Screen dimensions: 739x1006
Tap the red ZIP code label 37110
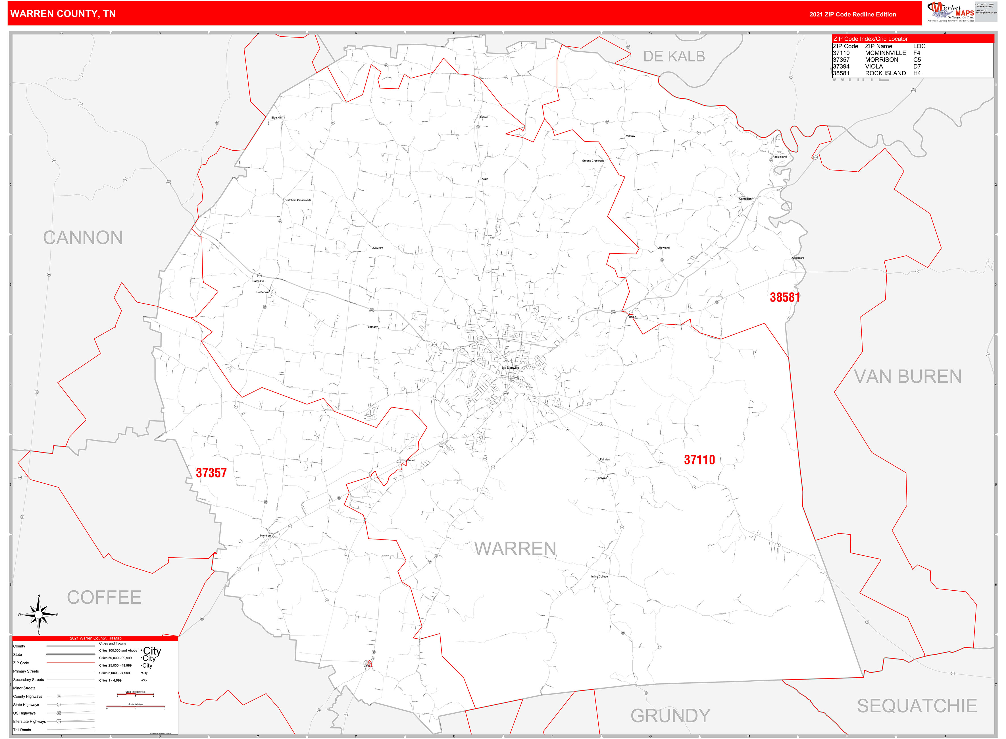click(x=699, y=460)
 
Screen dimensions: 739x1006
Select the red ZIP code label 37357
click(x=211, y=473)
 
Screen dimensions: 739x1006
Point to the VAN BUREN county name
click(x=908, y=377)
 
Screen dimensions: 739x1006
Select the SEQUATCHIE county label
click(x=917, y=706)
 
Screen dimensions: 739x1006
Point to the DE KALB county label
click(x=674, y=57)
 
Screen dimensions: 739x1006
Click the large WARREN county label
click(x=515, y=549)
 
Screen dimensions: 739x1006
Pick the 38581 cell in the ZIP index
click(x=841, y=73)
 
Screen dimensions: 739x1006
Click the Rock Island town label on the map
click(x=779, y=157)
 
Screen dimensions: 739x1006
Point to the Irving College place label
click(x=599, y=577)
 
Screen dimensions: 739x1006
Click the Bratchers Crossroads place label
click(x=298, y=200)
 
